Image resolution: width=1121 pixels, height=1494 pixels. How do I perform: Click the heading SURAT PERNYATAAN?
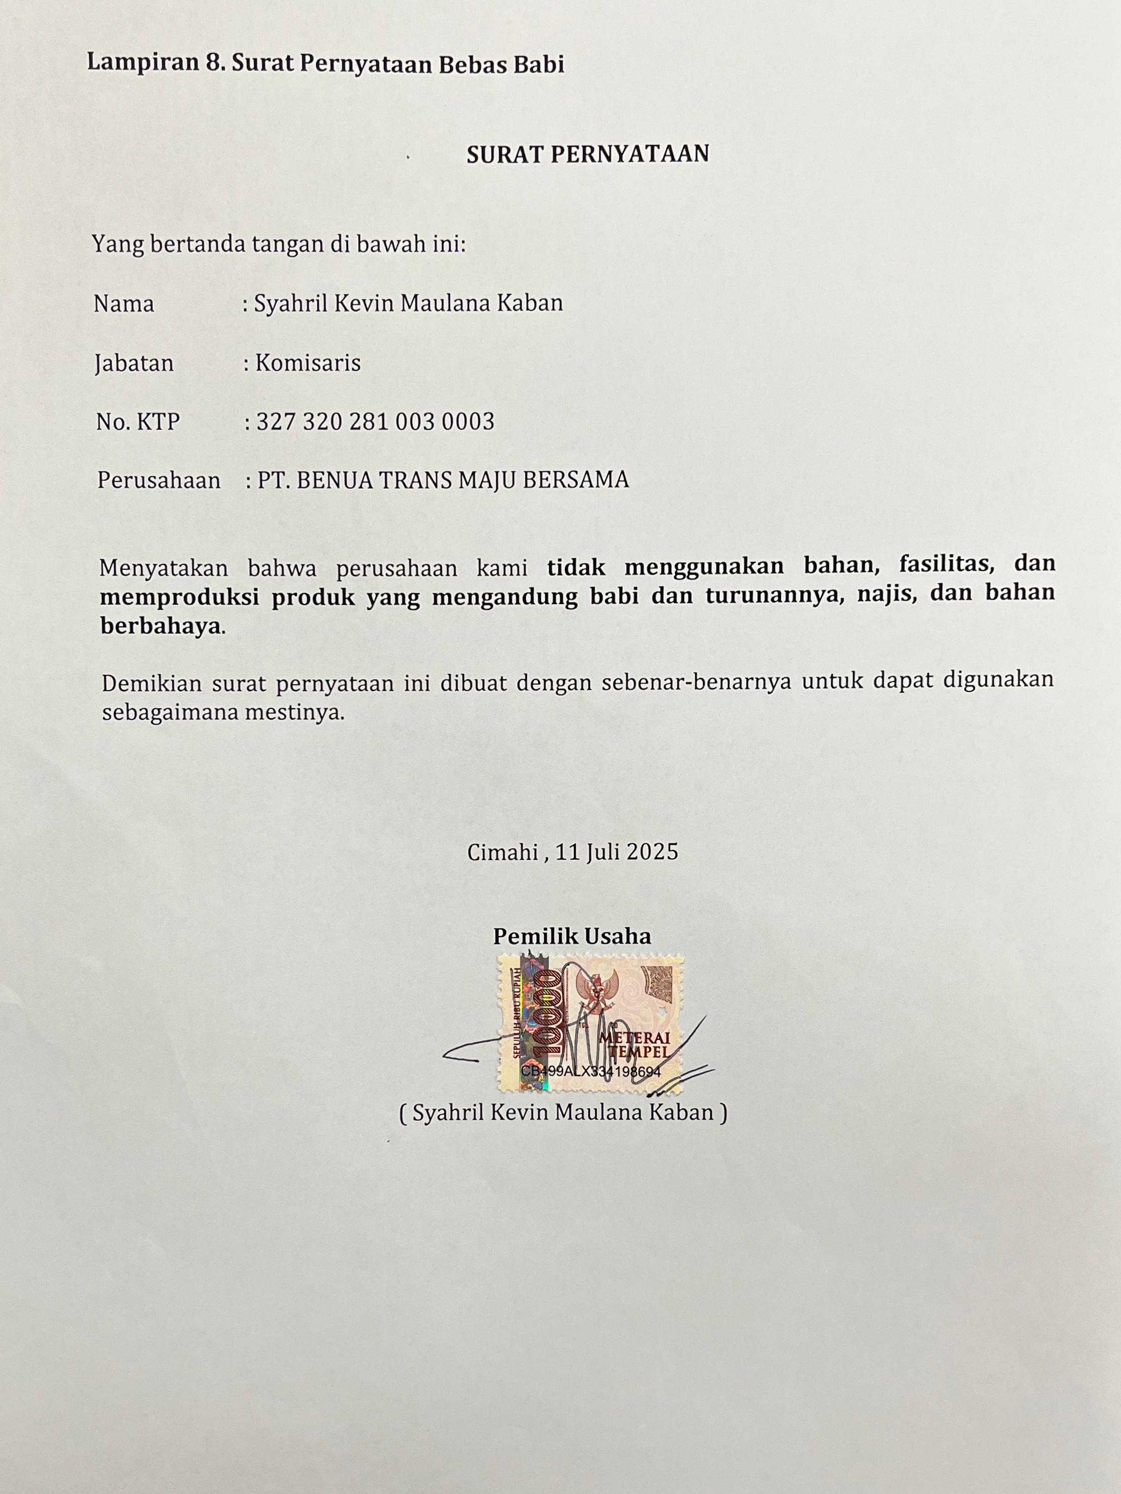coord(587,154)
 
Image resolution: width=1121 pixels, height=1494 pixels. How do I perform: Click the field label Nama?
coord(124,304)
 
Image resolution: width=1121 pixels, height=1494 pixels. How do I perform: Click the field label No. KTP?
coord(138,422)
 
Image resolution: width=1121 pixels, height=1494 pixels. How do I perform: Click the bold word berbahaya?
coord(161,626)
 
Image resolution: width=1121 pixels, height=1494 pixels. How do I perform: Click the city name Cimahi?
coord(502,852)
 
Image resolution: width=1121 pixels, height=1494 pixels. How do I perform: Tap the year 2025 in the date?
coord(652,852)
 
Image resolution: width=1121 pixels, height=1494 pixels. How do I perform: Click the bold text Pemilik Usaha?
coord(571,936)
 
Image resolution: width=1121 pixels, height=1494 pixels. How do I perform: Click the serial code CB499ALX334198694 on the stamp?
coord(591,1071)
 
